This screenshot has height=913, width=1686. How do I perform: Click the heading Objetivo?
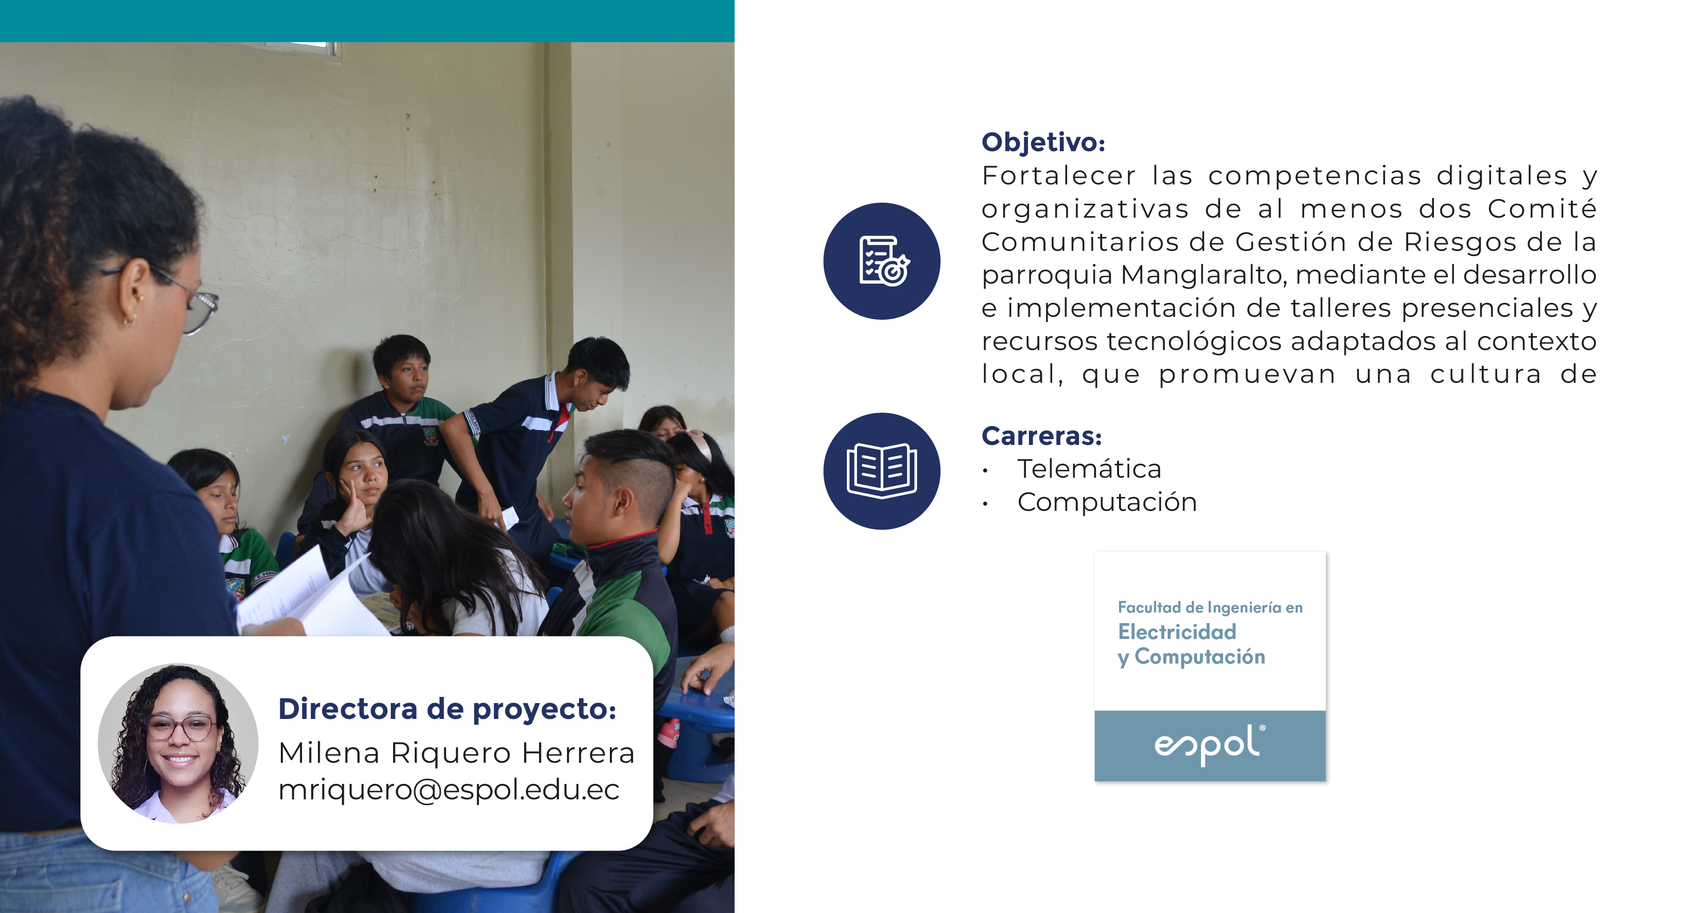tap(1043, 143)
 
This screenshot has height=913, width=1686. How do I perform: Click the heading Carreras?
tap(1041, 436)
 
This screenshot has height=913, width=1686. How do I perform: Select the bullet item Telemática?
tap(1089, 469)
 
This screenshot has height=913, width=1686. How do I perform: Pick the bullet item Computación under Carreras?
tap(1107, 502)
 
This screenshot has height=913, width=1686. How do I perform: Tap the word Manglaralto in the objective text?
tap(1204, 275)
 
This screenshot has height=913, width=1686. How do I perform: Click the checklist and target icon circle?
tap(882, 261)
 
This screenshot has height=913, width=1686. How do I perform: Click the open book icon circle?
tap(882, 471)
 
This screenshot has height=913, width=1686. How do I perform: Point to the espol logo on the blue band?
tap(1210, 745)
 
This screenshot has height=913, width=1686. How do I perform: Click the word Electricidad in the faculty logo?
tap(1177, 632)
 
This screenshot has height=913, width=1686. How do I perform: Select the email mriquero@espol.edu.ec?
tap(448, 790)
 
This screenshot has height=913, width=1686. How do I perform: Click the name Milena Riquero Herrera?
tap(456, 753)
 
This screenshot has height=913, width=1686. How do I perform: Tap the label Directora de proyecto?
tap(447, 709)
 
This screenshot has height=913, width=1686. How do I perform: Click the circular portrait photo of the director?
tap(178, 743)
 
